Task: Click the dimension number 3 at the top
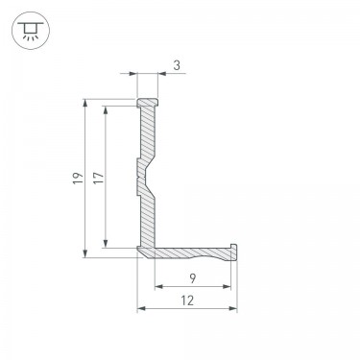(x=177, y=65)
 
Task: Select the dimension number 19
(x=78, y=178)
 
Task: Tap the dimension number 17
(x=99, y=178)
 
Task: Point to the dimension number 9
(x=192, y=278)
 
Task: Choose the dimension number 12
(x=187, y=300)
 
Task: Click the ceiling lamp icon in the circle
(x=31, y=31)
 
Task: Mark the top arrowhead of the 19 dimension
(x=85, y=103)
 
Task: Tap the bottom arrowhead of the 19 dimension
(x=85, y=253)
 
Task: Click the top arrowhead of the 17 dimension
(x=106, y=109)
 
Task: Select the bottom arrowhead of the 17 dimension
(x=106, y=244)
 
